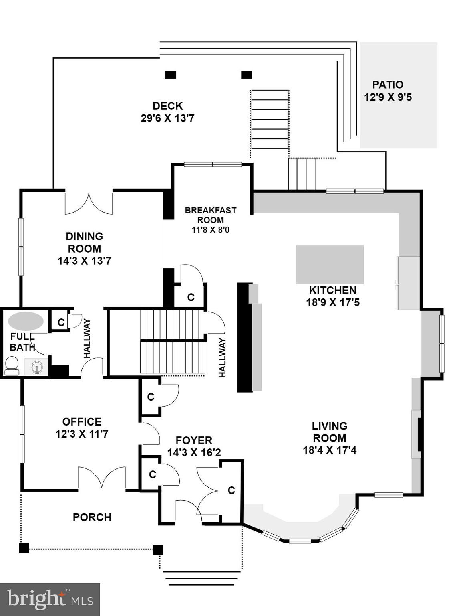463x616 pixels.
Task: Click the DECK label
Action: tap(168, 106)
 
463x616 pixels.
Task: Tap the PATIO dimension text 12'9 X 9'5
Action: tap(388, 97)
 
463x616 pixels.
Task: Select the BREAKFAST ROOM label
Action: tap(211, 215)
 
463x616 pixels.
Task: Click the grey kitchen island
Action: tap(330, 265)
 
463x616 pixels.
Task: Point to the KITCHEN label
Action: tap(332, 290)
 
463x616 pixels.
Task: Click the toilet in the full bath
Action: tap(12, 365)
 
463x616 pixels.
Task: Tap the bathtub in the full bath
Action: tap(26, 321)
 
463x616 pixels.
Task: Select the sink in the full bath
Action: tap(37, 367)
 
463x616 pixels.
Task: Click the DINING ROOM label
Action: tap(84, 242)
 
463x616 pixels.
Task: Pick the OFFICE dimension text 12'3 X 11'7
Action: tap(82, 434)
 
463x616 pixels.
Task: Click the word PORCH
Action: tap(92, 517)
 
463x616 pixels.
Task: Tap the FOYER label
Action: tap(194, 440)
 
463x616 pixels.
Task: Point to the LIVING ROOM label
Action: tap(330, 432)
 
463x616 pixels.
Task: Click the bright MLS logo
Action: tap(50, 600)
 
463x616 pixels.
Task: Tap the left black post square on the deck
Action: tap(171, 75)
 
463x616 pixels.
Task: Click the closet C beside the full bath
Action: tap(61, 322)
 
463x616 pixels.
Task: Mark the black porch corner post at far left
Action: tap(24, 547)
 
